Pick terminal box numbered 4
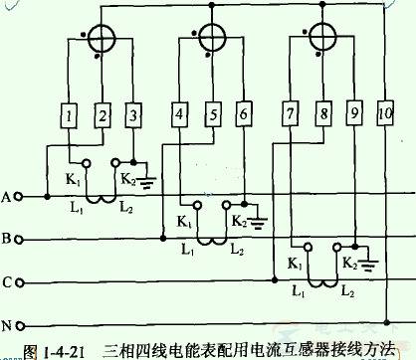click(x=179, y=115)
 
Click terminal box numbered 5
click(x=211, y=115)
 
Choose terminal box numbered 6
click(x=244, y=115)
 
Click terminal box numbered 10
click(x=385, y=115)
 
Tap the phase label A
click(x=8, y=197)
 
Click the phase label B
click(x=8, y=240)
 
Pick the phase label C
click(x=8, y=282)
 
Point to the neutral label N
click(x=8, y=325)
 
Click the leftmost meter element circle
click(x=100, y=39)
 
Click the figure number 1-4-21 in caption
click(x=54, y=349)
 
